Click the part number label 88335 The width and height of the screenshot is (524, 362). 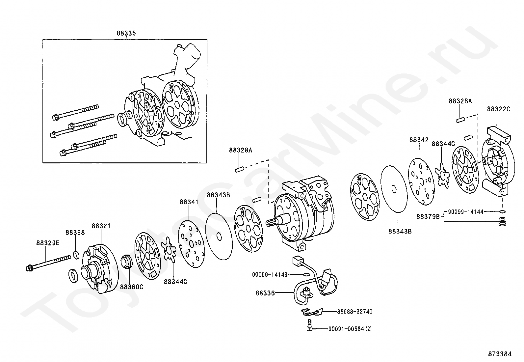(x=126, y=33)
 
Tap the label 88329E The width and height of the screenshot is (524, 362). (x=48, y=243)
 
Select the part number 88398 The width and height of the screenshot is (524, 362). (x=75, y=233)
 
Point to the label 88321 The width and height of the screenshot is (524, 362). (x=101, y=226)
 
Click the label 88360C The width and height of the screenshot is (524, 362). (x=131, y=287)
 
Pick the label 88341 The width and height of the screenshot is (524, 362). (x=189, y=202)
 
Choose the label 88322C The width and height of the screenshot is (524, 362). (x=499, y=109)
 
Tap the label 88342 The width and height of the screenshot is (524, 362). (x=419, y=140)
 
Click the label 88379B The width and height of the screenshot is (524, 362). (x=428, y=216)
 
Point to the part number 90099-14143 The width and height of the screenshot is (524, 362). (x=270, y=274)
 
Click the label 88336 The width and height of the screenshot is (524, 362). (x=265, y=292)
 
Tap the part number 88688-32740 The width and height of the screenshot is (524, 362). (x=354, y=311)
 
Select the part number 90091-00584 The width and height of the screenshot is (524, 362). (x=346, y=329)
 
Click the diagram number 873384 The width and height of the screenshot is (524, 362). (x=500, y=354)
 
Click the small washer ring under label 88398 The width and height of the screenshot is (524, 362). (x=76, y=255)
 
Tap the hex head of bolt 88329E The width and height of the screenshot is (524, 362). (x=29, y=268)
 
